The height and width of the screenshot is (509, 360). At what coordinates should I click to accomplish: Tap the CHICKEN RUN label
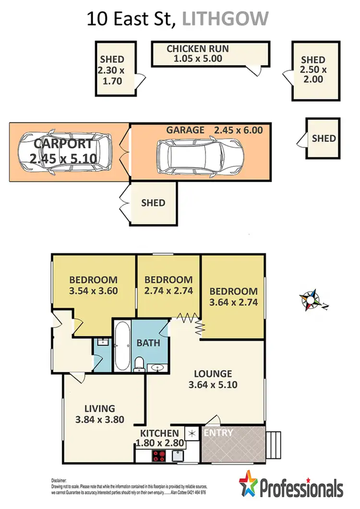pos(197,49)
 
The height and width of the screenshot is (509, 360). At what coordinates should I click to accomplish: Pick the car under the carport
pos(64,153)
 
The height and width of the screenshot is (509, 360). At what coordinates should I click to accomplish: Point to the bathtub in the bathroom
pos(122,345)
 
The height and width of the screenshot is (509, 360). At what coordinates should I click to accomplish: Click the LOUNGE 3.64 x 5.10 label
pos(213,379)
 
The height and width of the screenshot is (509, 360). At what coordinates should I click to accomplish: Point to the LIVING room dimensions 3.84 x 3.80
pos(100,419)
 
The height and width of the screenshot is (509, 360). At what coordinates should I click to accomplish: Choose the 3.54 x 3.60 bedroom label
pos(93,291)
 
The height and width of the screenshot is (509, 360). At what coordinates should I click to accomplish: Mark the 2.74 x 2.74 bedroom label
pos(168,291)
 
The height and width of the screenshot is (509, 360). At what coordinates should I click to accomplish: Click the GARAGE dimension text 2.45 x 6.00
pos(239,130)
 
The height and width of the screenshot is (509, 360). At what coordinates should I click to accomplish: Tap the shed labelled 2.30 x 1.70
pos(112,71)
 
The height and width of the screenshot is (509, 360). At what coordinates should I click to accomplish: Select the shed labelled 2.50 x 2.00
pos(313,70)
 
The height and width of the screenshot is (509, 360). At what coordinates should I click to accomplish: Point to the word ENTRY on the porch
pos(218,433)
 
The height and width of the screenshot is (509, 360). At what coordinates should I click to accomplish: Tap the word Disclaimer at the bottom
pos(60,481)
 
